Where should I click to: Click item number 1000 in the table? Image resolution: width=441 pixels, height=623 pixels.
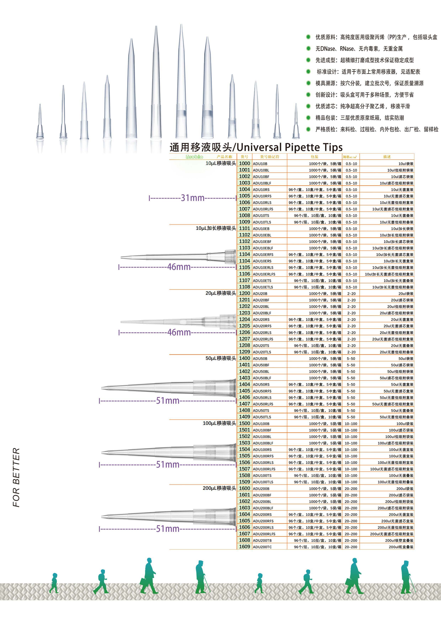pos(244,163)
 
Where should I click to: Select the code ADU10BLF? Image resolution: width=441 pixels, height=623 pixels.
pos(262,183)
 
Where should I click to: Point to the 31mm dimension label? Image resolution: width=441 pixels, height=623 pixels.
pos(193,198)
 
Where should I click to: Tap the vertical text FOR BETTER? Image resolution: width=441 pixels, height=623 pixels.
pos(16,477)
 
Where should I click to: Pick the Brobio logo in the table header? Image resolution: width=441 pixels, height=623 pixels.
pos(194,157)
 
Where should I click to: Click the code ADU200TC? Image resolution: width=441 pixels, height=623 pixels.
pos(262,547)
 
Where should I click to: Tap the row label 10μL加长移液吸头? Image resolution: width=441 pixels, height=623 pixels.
pos(216,228)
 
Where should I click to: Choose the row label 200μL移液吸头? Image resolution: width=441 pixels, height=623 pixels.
pos(219,488)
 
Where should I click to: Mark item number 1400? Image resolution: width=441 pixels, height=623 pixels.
pos(244,358)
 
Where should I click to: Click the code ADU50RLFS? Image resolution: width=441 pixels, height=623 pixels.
pos(263,404)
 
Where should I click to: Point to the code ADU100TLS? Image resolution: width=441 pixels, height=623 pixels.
pos(263,482)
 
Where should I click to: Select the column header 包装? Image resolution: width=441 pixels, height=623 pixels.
pos(314,157)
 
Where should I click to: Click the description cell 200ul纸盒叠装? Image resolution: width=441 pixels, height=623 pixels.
pos(401,547)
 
